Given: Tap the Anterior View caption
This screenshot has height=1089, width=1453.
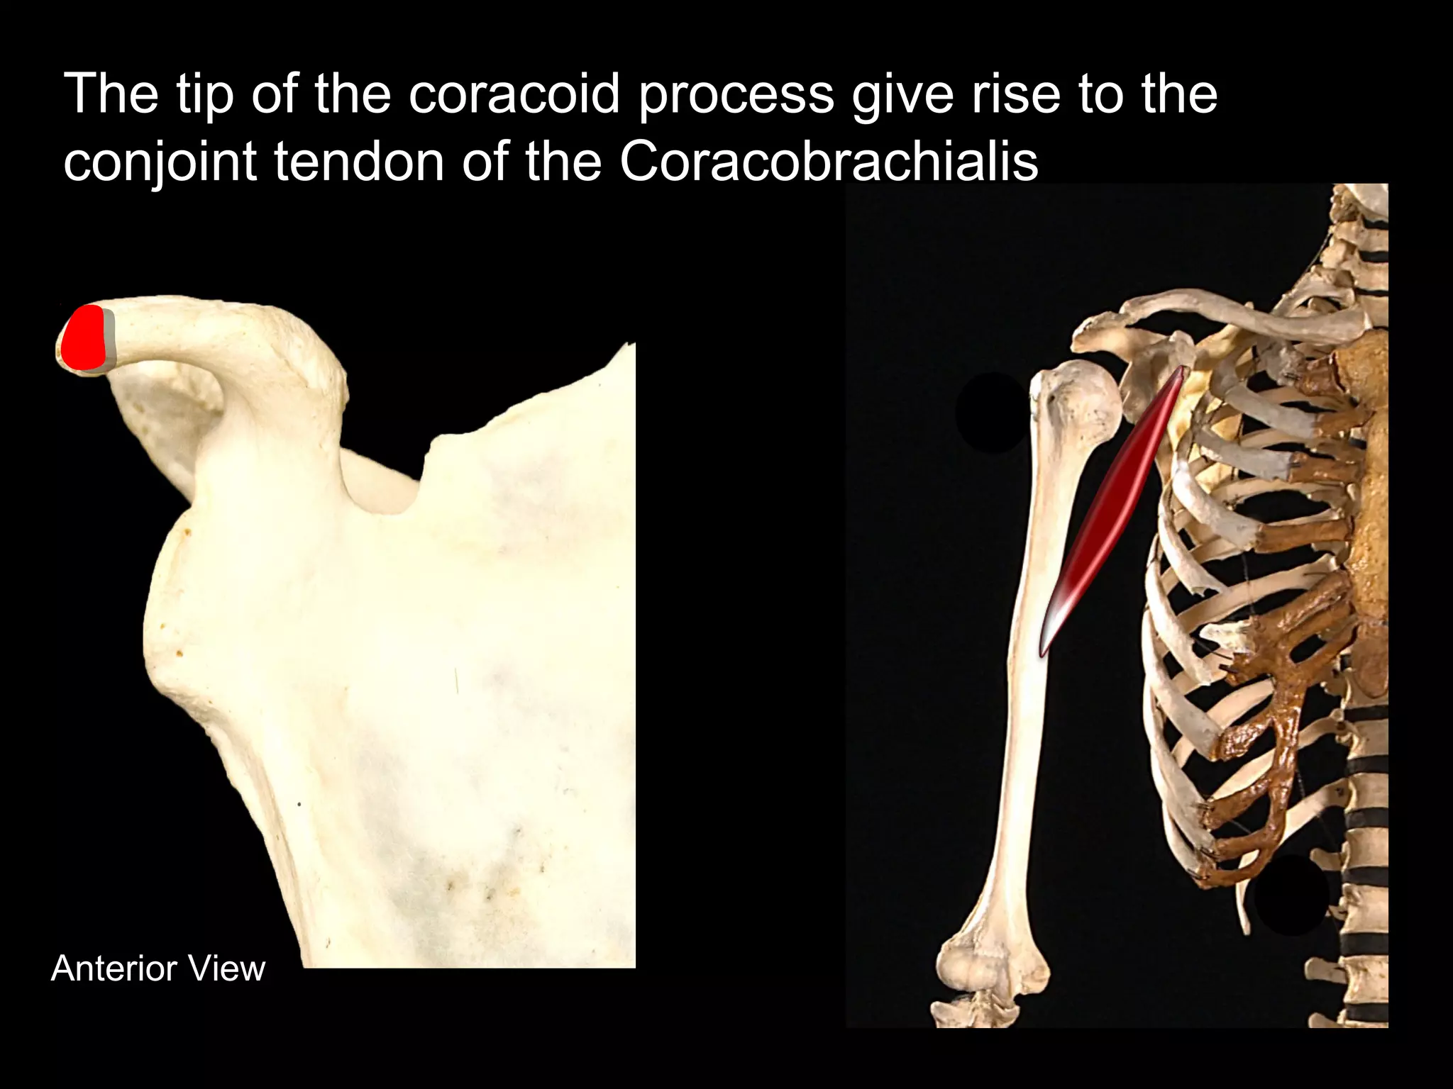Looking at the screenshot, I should pyautogui.click(x=158, y=968).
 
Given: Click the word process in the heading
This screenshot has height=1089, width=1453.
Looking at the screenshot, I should pyautogui.click(x=736, y=94).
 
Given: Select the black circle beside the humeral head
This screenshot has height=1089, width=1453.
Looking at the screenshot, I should pyautogui.click(x=992, y=413).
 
